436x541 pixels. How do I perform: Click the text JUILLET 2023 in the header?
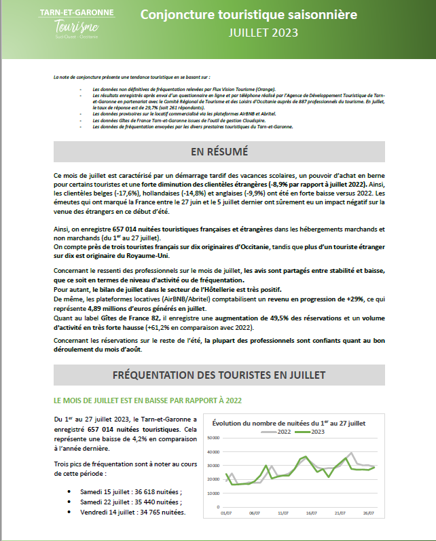coord(263,31)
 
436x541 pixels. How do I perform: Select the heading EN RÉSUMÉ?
coord(219,151)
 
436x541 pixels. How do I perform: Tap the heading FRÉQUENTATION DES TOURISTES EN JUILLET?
coord(219,375)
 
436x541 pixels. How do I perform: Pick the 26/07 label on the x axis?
coord(368,514)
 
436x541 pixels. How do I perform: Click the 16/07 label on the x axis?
coord(312,514)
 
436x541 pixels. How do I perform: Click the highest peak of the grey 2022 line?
coord(351,453)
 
